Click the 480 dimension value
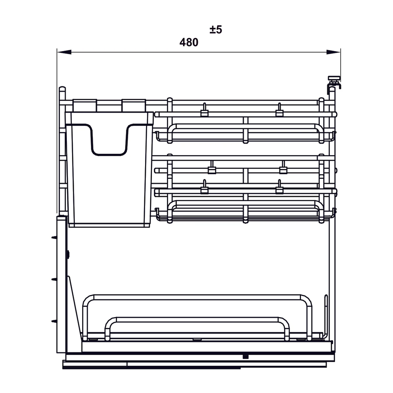coord(189,42)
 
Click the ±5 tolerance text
coord(216,30)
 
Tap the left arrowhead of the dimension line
coord(64,52)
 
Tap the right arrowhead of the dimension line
coord(334,52)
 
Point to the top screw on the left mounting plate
coord(54,237)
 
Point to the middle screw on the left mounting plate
coord(54,279)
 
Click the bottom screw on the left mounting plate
coord(54,321)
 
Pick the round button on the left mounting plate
coord(68,254)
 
